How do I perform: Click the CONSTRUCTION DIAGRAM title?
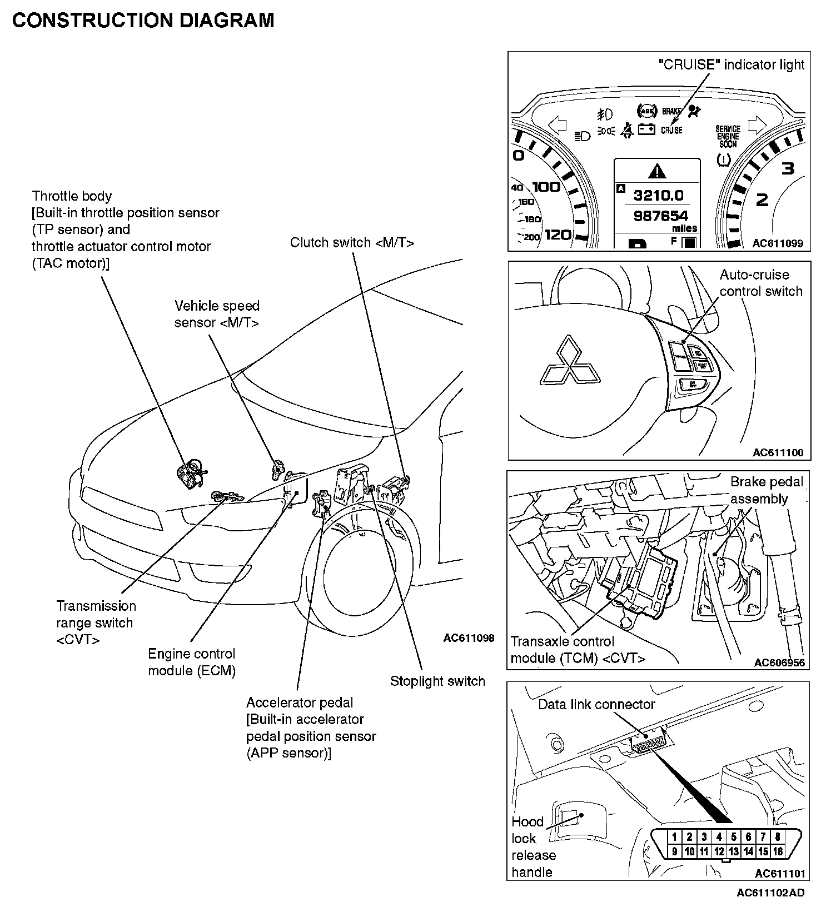(x=143, y=21)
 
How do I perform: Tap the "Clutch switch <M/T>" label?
(x=352, y=243)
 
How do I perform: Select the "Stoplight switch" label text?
(x=437, y=681)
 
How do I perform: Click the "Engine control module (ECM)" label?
(x=192, y=662)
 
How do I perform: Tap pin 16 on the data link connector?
(x=778, y=851)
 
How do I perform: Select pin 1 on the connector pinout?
(x=674, y=836)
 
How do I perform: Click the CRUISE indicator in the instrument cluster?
(x=671, y=131)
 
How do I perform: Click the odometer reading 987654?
(x=661, y=216)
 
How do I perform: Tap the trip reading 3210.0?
(x=659, y=195)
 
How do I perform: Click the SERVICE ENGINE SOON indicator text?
(x=728, y=136)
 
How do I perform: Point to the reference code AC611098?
(x=469, y=638)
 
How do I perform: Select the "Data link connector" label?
(x=596, y=704)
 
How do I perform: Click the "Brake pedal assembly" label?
(x=767, y=490)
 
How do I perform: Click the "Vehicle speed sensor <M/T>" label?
(x=217, y=314)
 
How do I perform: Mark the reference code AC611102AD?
(x=770, y=893)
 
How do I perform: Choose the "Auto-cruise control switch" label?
(x=761, y=283)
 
